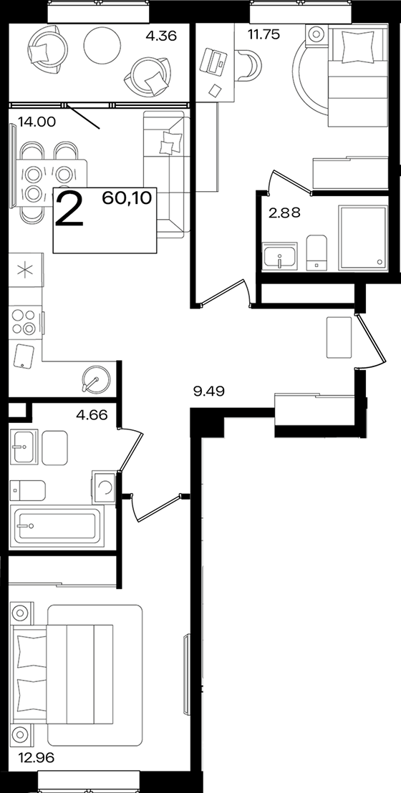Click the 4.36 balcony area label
pyautogui.click(x=161, y=37)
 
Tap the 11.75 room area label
pyautogui.click(x=264, y=34)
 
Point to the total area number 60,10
pyautogui.click(x=127, y=198)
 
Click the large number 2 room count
pyautogui.click(x=70, y=208)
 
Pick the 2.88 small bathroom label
pyautogui.click(x=284, y=213)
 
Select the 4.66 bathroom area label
pyautogui.click(x=92, y=417)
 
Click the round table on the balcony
pyautogui.click(x=101, y=44)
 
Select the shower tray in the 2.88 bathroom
pyautogui.click(x=362, y=237)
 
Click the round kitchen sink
pyautogui.click(x=96, y=379)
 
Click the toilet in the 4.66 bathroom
pyautogui.click(x=27, y=490)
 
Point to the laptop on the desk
pyautogui.click(x=213, y=61)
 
